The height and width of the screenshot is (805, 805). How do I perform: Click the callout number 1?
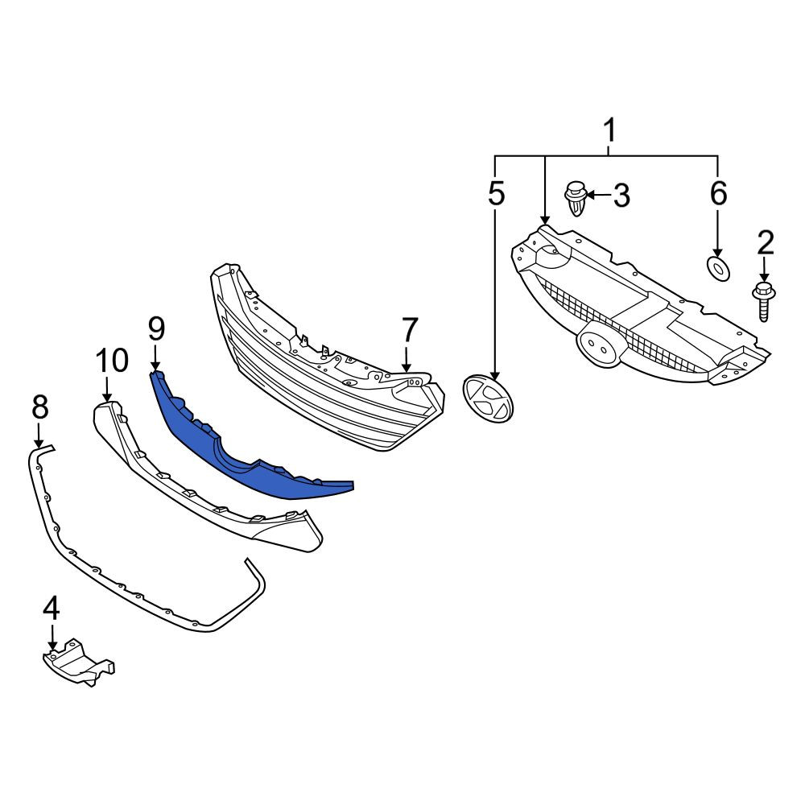click(609, 130)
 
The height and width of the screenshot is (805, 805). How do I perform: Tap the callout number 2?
click(765, 243)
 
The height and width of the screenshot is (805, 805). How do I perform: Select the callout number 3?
click(621, 195)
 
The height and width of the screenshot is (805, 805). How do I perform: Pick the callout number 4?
click(52, 609)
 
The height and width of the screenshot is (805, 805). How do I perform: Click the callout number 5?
click(496, 193)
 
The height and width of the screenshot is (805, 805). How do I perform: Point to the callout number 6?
click(718, 193)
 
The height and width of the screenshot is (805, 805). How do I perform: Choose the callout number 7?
click(409, 330)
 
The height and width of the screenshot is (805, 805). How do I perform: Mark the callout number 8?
click(39, 407)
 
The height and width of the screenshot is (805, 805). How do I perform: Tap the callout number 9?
click(156, 329)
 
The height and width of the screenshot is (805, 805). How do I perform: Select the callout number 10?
click(113, 361)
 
